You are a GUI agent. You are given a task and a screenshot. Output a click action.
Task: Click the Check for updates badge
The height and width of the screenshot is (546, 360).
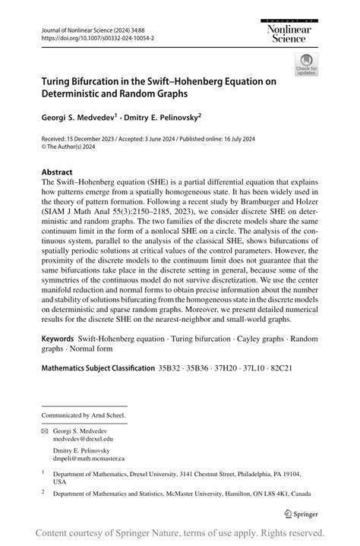(x=308, y=65)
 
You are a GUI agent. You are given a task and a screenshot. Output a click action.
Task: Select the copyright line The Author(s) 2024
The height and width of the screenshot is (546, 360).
(x=73, y=148)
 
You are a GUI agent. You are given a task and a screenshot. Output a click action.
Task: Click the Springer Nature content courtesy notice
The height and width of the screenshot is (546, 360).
(x=180, y=533)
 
